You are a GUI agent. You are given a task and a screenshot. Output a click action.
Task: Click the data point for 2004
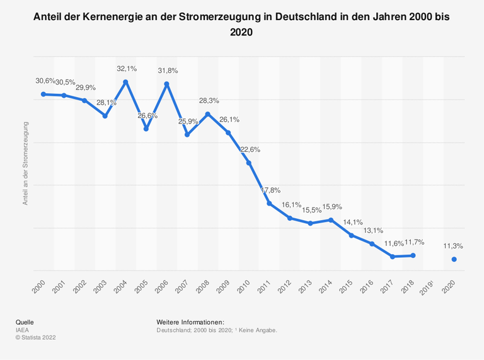point(125,82)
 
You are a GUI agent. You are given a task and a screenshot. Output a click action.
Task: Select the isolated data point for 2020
point(454,259)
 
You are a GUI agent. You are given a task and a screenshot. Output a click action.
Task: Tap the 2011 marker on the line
point(269,204)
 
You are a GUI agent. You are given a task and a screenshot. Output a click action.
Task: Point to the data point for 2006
point(166,84)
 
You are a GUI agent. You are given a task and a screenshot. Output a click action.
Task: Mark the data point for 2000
point(43,94)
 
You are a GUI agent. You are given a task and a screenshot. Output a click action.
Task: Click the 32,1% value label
point(126,68)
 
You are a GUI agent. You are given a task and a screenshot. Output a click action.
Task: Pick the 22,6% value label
point(250,149)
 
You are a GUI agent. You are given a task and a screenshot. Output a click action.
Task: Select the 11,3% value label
point(454,246)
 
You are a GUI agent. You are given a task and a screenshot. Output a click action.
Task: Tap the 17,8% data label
point(270,190)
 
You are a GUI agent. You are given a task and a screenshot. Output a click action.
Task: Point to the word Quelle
point(25,322)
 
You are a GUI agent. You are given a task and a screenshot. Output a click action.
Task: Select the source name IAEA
point(23,330)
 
